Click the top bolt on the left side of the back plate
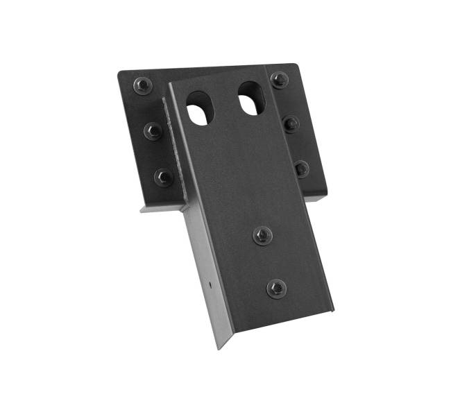142,85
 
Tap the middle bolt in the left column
153,130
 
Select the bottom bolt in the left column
164,177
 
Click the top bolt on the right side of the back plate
280,80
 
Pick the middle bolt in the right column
291,124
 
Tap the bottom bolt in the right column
302,169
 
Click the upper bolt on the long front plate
262,235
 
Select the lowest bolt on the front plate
276,288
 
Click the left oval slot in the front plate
200,108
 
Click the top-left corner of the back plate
119,72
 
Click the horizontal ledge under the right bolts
315,198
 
